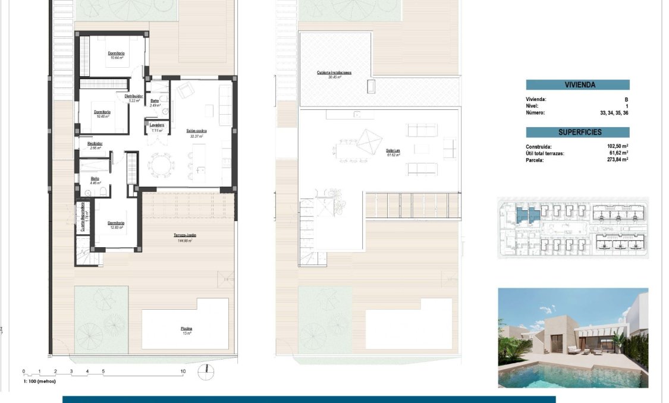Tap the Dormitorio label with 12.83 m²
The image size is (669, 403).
coord(115,223)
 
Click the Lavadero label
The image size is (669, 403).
coord(157,125)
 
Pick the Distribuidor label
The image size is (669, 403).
coord(134,96)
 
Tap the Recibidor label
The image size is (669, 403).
coord(95,143)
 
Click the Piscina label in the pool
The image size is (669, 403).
coord(187,329)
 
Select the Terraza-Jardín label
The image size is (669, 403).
coord(185,236)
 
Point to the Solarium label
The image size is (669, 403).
coord(392,152)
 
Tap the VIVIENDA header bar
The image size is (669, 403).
coord(577,85)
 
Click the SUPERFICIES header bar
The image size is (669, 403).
coord(577,132)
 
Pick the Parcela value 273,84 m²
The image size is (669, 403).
coord(618,159)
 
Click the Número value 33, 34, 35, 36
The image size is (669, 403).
coord(614,112)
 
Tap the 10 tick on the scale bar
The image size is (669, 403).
coord(183,371)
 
